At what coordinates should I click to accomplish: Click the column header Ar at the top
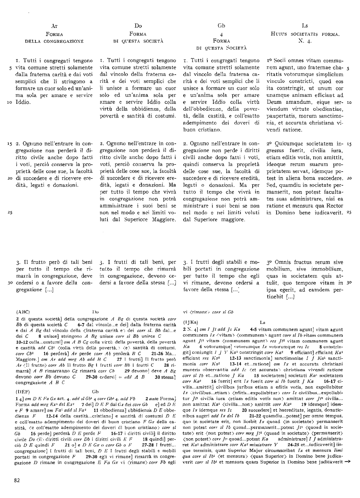[x=54, y=25]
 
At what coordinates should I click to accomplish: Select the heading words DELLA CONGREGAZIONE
[x=54, y=41]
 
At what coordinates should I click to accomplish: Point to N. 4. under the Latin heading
[x=305, y=41]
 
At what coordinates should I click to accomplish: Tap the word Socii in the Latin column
[x=283, y=61]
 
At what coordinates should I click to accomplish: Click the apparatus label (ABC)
[x=23, y=312]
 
